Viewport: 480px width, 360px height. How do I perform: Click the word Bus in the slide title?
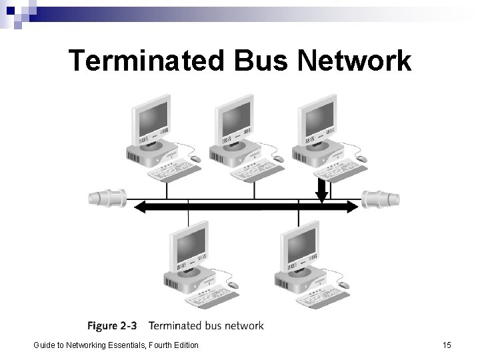(261, 61)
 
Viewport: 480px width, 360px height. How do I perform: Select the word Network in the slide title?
(355, 61)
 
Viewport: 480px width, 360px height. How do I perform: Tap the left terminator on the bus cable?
(107, 197)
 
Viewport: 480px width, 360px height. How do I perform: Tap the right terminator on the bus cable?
(381, 197)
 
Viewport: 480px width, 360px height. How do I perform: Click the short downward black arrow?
(322, 190)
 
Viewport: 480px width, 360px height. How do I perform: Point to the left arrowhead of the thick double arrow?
(141, 207)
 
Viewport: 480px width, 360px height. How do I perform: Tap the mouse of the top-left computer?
(195, 159)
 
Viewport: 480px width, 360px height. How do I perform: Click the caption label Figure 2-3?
(112, 326)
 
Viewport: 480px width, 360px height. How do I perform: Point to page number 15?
(446, 345)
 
